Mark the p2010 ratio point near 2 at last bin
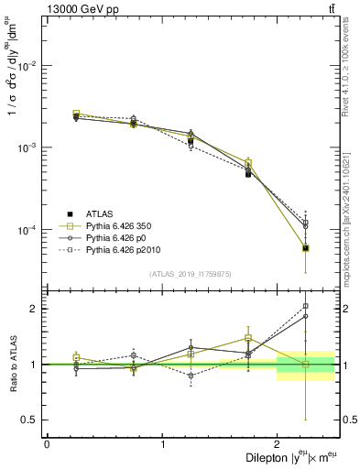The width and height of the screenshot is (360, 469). (305, 306)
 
